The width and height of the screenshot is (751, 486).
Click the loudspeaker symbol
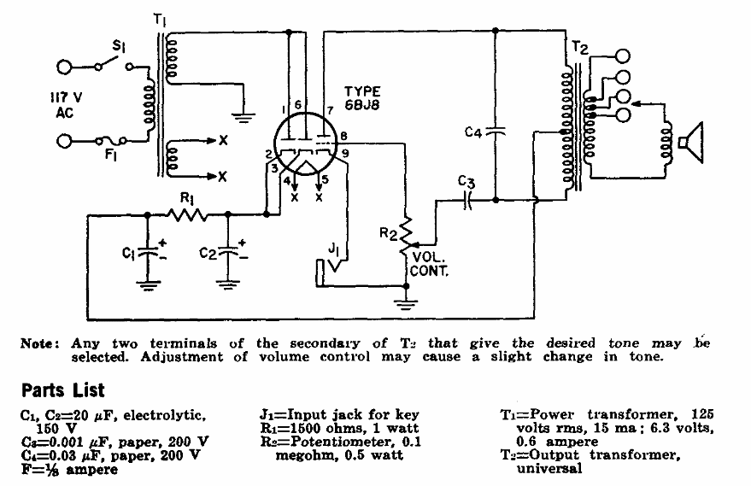click(x=690, y=143)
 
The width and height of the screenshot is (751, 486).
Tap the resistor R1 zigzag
click(x=187, y=214)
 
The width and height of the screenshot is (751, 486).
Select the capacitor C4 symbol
click(x=496, y=132)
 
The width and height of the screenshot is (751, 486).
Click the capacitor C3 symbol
click(x=468, y=200)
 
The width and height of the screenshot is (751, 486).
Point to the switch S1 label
click(x=118, y=46)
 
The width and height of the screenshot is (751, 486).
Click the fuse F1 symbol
click(x=110, y=141)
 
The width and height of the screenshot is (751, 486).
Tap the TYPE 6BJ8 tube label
click(x=362, y=98)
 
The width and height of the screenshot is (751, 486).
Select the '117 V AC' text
click(x=66, y=105)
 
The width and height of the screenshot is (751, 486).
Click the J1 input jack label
click(x=333, y=249)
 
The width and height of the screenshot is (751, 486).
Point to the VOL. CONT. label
click(x=429, y=264)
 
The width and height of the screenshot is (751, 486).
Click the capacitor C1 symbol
click(x=147, y=252)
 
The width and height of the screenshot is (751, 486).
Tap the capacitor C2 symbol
click(x=227, y=252)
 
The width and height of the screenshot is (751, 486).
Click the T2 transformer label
click(x=579, y=48)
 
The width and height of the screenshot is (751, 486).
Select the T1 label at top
click(x=160, y=20)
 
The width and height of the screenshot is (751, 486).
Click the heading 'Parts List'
click(x=62, y=390)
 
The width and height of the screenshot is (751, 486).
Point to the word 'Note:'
click(x=40, y=343)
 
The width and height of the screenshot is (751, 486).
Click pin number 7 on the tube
click(x=330, y=110)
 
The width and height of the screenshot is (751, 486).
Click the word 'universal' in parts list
click(x=549, y=468)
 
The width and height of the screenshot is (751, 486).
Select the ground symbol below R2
click(x=406, y=303)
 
